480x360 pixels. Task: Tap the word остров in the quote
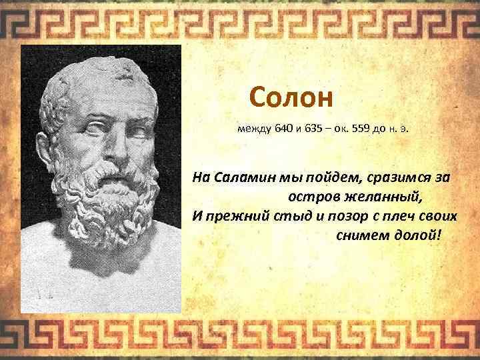click(x=315, y=198)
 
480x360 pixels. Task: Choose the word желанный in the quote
click(x=383, y=198)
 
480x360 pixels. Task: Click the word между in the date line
click(x=254, y=130)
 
